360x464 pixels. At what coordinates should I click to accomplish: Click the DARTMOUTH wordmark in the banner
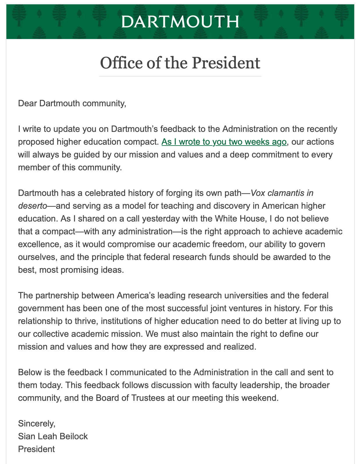coord(180,22)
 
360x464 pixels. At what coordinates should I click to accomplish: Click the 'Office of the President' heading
coord(180,63)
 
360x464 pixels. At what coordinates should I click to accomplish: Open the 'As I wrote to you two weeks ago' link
coord(224,142)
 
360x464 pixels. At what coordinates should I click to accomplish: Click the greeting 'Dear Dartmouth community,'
coord(72,103)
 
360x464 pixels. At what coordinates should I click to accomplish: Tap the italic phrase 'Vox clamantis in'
coord(282,193)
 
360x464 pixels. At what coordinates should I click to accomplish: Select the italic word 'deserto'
coord(32,206)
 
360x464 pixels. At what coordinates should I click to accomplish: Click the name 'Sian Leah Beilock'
coord(53,436)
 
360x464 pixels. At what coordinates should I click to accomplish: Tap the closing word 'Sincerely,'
coord(37,424)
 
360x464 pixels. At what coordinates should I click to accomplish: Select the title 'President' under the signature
coord(36,449)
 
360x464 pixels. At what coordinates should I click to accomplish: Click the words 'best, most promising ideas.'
coord(71,270)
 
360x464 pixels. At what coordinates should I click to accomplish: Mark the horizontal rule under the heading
coord(180,76)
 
